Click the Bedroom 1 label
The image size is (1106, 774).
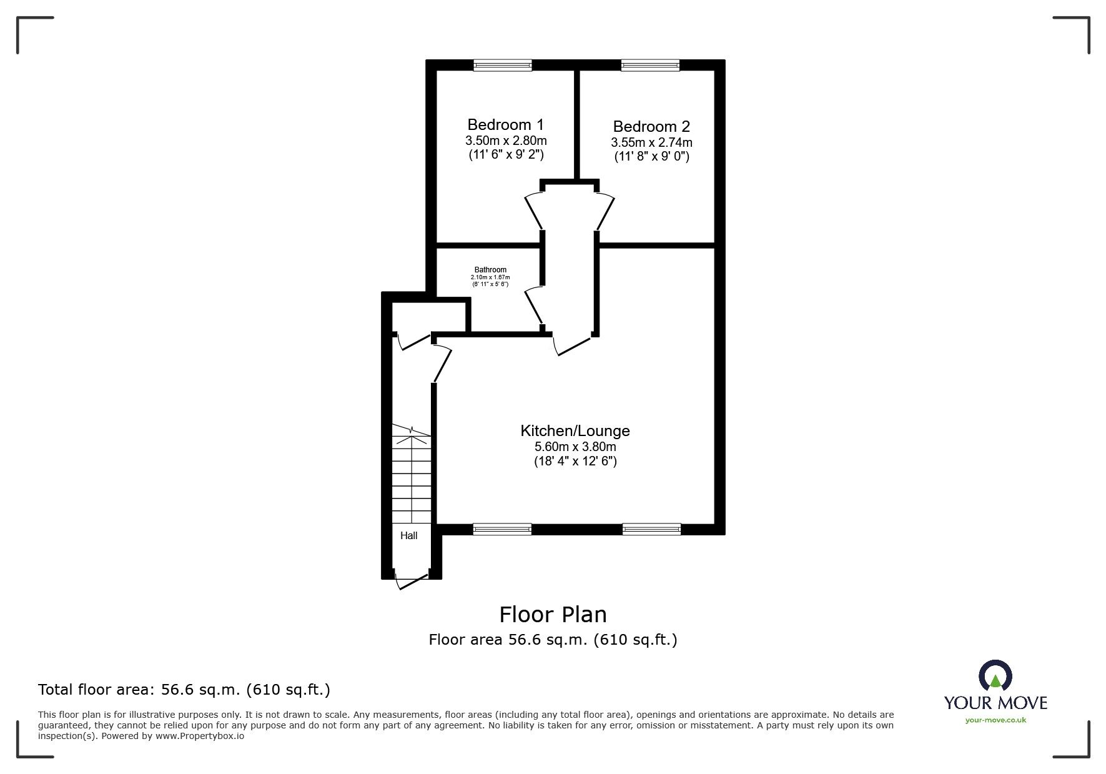[x=505, y=124]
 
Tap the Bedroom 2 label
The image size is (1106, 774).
[x=651, y=126]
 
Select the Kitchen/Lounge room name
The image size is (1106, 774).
[x=575, y=430]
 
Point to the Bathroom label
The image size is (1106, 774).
[x=490, y=270]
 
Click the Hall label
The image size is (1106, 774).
[x=409, y=535]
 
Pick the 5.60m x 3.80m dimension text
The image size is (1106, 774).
[x=575, y=447]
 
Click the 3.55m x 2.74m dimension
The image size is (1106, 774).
[x=651, y=142]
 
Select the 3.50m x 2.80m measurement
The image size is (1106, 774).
[x=506, y=140]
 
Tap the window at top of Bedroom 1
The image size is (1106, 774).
[x=503, y=64]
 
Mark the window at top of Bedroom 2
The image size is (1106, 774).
[x=650, y=64]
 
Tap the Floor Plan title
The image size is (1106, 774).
[x=553, y=615]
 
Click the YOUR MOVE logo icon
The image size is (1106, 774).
[x=995, y=677]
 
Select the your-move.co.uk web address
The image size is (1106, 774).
[x=995, y=720]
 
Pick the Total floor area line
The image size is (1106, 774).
[x=184, y=690]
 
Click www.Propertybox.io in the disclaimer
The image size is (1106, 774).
[x=200, y=736]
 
